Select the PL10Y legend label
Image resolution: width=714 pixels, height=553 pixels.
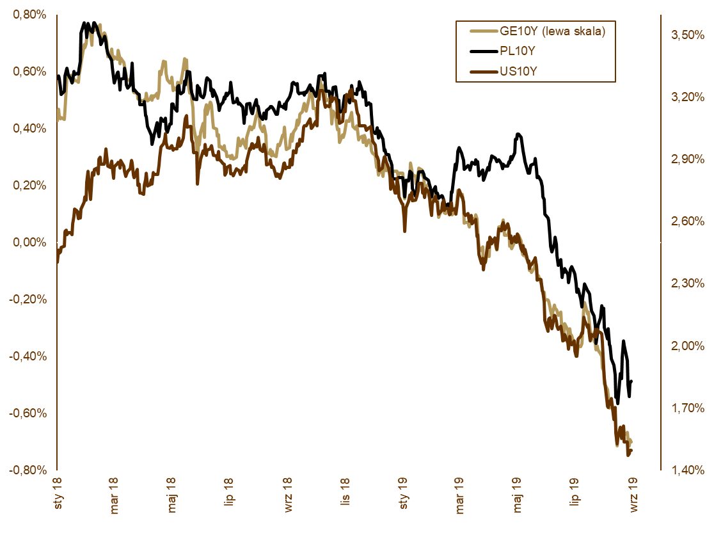pyautogui.click(x=517, y=51)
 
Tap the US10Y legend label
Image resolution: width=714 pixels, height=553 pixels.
pyautogui.click(x=518, y=71)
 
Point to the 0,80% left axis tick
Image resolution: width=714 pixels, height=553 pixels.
pyautogui.click(x=29, y=15)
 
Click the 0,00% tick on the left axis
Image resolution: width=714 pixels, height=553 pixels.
pyautogui.click(x=29, y=243)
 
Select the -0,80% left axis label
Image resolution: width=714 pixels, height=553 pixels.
pyautogui.click(x=28, y=470)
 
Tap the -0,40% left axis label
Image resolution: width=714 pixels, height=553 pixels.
pyautogui.click(x=28, y=356)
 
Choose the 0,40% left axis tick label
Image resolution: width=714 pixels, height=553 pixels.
pyautogui.click(x=29, y=129)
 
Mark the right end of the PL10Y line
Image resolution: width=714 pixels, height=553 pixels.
pyautogui.click(x=631, y=381)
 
